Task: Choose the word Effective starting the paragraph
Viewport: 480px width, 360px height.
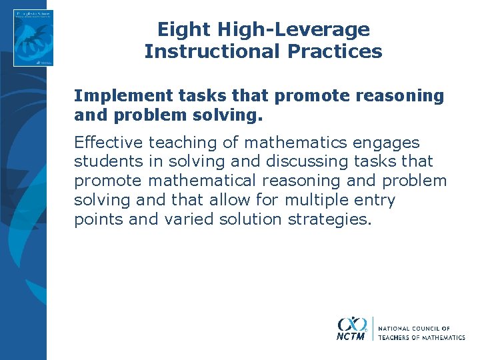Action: (109, 143)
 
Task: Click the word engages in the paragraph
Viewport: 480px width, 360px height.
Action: (389, 143)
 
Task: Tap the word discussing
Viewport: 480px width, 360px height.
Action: (305, 161)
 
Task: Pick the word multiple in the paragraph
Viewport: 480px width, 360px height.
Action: (308, 200)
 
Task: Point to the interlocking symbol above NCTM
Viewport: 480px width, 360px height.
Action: (352, 324)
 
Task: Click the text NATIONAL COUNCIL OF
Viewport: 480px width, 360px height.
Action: (413, 329)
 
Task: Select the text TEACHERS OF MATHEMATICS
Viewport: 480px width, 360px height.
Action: (421, 338)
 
